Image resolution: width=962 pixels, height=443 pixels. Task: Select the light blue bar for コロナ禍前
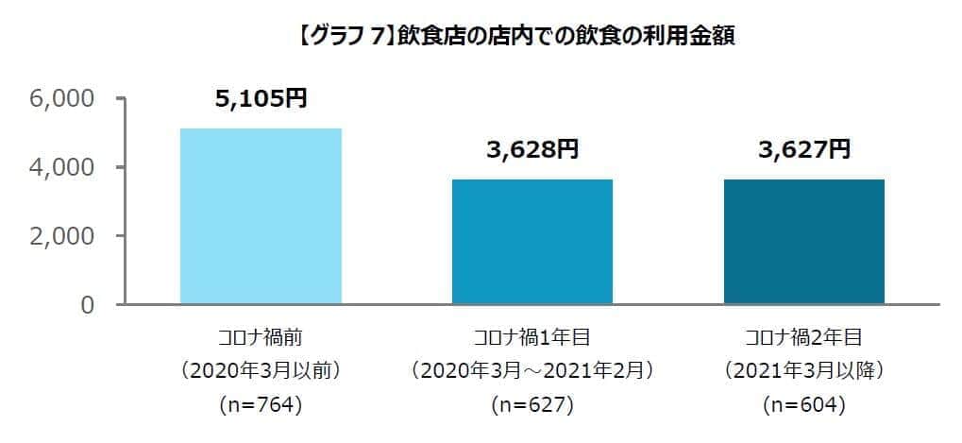point(261,216)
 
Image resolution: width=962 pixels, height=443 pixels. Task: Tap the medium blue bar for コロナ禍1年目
point(532,242)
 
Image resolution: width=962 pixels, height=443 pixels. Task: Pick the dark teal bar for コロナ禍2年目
point(803,242)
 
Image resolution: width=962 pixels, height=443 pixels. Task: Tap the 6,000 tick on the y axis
point(62,98)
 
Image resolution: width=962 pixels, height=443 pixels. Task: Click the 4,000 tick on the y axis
point(62,167)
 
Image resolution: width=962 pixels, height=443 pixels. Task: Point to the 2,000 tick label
point(62,236)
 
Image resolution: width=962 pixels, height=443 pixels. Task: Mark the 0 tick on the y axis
point(87,305)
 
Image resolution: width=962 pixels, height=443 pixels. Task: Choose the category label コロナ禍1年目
point(532,336)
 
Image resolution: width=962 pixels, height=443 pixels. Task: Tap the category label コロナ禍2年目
point(803,336)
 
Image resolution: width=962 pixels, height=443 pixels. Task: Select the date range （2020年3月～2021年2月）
point(532,369)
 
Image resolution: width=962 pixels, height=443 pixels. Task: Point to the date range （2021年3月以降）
point(803,369)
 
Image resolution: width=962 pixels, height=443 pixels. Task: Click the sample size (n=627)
point(532,405)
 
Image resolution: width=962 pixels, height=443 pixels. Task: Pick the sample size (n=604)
point(803,405)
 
